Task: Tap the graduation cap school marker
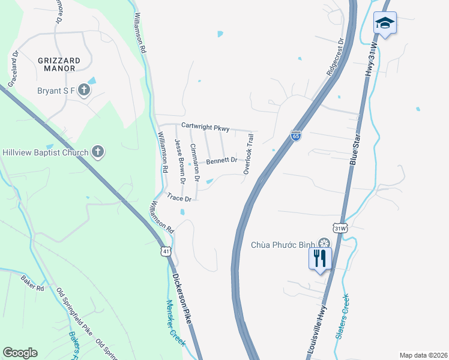[x=385, y=23]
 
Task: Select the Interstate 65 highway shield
[x=296, y=136]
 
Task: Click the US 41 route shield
[x=165, y=251]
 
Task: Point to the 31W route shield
[x=340, y=228]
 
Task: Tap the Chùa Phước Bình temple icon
[x=324, y=244]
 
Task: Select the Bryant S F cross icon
[x=84, y=91]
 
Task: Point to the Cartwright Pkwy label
[x=205, y=127]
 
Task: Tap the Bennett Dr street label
[x=222, y=161]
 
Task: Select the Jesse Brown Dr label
[x=179, y=161]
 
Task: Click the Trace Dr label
[x=179, y=197]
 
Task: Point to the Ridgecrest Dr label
[x=335, y=57]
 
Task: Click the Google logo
[x=20, y=352]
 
